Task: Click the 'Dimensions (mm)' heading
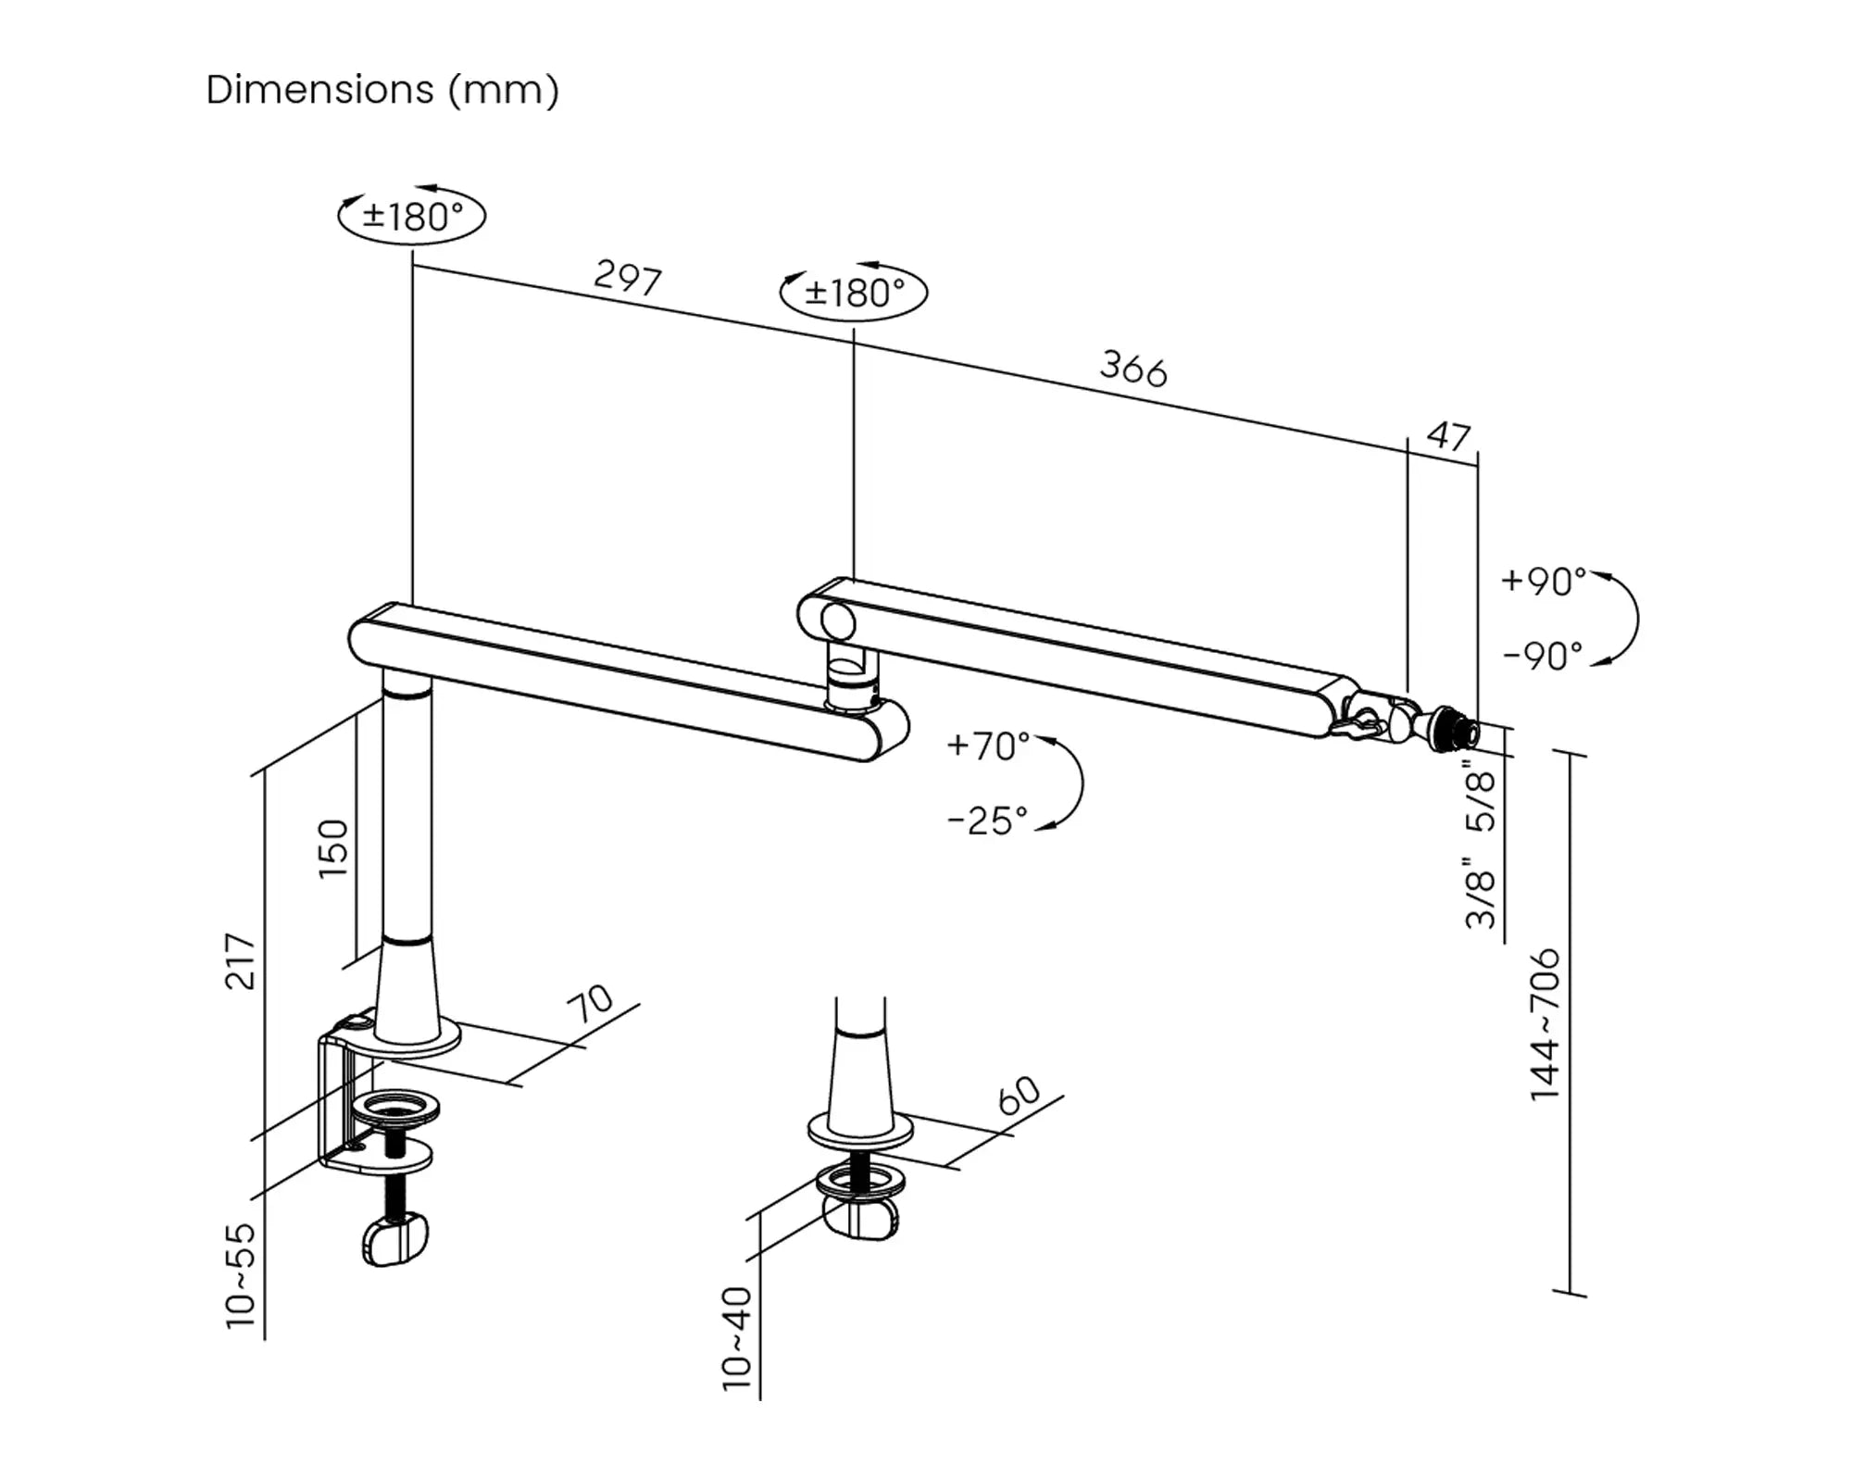(382, 91)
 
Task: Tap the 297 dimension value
(628, 277)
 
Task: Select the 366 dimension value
(1133, 368)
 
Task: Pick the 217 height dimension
(241, 961)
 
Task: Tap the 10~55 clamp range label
(241, 1275)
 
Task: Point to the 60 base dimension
(1020, 1096)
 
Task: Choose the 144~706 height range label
(1545, 1024)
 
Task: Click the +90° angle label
(1543, 582)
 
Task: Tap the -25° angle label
(987, 821)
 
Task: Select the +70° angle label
(988, 745)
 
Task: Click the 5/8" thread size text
(1481, 795)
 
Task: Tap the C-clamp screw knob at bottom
(396, 1240)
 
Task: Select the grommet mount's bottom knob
(861, 1217)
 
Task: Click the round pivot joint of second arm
(837, 621)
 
